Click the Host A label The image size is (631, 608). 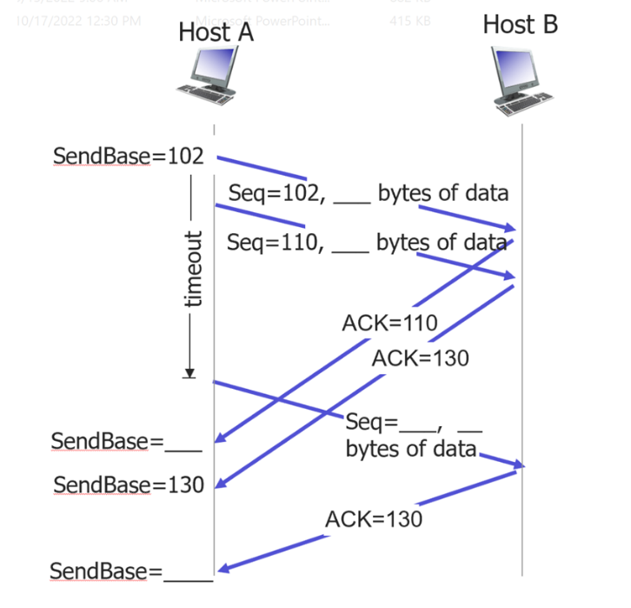(x=216, y=32)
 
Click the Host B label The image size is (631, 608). (x=520, y=24)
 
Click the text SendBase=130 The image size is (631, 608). (x=128, y=484)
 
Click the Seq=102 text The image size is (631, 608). (x=276, y=193)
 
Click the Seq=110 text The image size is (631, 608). (x=276, y=243)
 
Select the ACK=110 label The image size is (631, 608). (x=389, y=324)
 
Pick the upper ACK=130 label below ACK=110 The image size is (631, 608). (x=420, y=357)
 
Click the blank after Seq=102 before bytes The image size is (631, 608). (x=351, y=197)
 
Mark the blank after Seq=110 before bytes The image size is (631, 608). (x=350, y=246)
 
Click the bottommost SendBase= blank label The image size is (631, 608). (x=130, y=571)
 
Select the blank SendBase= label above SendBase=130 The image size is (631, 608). (x=126, y=441)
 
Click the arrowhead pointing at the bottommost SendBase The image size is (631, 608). (x=223, y=569)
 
